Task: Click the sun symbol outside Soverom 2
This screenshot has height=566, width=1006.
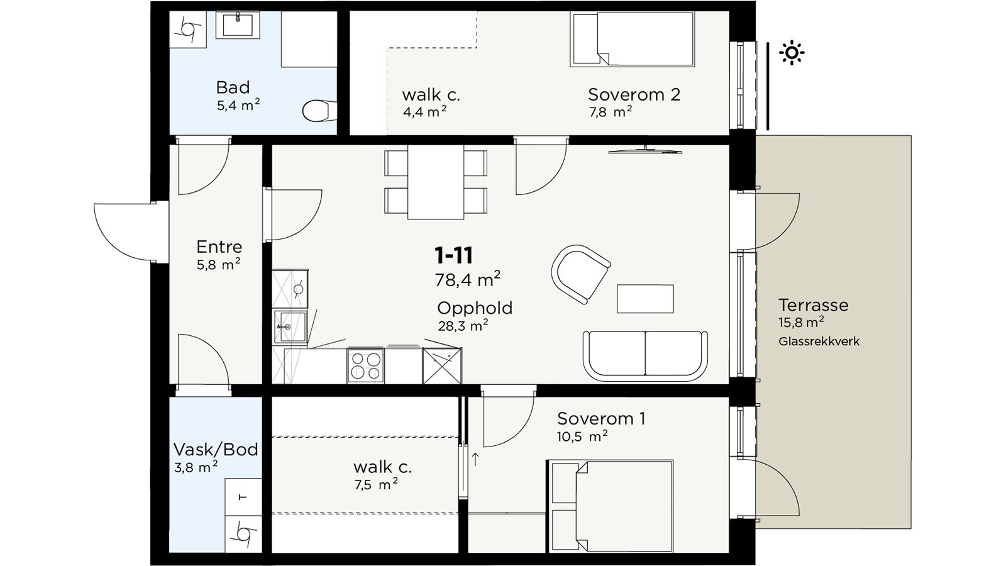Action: [x=792, y=53]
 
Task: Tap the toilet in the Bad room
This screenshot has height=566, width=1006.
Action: [x=319, y=111]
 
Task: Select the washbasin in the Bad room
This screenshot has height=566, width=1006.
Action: [x=238, y=25]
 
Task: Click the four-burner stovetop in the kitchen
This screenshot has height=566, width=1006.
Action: [x=365, y=366]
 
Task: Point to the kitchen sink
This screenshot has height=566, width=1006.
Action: [x=290, y=326]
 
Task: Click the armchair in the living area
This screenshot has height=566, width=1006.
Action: [x=580, y=274]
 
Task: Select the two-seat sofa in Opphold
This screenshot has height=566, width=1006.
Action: [x=645, y=356]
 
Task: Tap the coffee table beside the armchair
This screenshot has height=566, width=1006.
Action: [x=645, y=299]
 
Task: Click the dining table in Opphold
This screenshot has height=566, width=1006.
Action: [x=436, y=182]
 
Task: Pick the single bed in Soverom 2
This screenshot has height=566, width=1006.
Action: [x=633, y=40]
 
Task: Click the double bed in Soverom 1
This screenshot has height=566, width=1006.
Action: [x=611, y=506]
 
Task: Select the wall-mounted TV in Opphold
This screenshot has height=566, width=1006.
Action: [x=645, y=151]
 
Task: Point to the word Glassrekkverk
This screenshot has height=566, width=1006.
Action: [x=819, y=341]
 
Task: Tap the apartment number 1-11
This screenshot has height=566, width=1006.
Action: [x=453, y=255]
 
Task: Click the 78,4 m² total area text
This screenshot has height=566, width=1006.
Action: [x=468, y=279]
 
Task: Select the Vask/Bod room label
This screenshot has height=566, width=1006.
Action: [x=216, y=449]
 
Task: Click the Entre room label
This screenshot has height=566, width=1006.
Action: [x=219, y=247]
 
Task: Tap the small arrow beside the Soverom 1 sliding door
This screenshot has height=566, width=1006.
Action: [x=475, y=459]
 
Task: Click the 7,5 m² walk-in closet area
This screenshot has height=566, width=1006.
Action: [x=375, y=485]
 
